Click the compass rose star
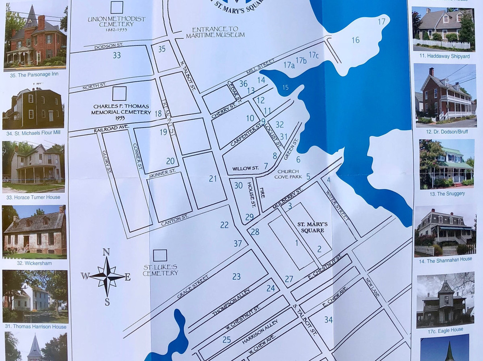point(107,277)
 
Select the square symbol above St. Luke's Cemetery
point(160,255)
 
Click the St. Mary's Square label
point(313,227)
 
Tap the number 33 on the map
point(117,55)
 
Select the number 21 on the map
point(213,179)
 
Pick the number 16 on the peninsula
point(355,40)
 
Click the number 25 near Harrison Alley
point(227,340)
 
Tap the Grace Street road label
point(193,287)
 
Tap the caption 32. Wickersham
point(34,263)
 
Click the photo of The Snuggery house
point(446,163)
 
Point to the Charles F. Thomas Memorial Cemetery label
point(122,109)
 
